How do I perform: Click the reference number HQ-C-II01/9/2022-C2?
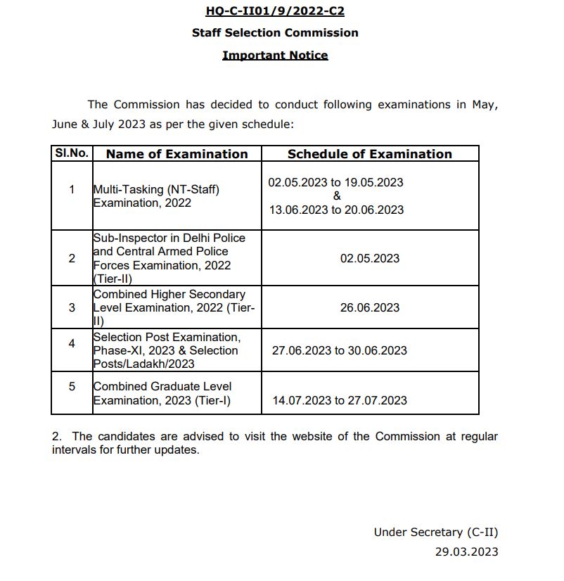(x=275, y=11)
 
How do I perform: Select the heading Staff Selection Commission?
(x=275, y=32)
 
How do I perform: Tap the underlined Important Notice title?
(x=275, y=55)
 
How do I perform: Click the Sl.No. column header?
(x=71, y=153)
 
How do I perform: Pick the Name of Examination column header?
(x=177, y=154)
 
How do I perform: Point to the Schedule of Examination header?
(x=369, y=154)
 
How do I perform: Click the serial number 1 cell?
(x=72, y=189)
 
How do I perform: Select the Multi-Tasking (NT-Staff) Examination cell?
(x=156, y=196)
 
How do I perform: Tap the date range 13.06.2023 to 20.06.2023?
(x=336, y=210)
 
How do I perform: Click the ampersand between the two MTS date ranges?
(x=336, y=196)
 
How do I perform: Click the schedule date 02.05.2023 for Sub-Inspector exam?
(x=370, y=258)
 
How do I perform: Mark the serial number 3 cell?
(x=72, y=307)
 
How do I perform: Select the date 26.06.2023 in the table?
(x=370, y=307)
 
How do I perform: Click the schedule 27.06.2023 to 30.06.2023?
(x=339, y=350)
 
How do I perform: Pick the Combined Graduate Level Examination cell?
(x=162, y=393)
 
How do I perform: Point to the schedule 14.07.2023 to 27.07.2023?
(x=339, y=400)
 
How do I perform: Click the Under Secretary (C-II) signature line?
(x=435, y=532)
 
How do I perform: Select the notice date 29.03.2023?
(x=466, y=551)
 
